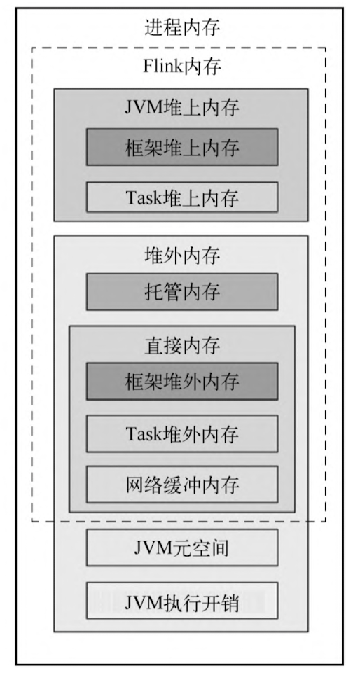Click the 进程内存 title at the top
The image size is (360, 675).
coord(182,27)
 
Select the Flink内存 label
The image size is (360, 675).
coord(182,67)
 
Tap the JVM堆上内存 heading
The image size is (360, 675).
coord(182,108)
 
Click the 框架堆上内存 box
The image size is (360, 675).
coord(182,147)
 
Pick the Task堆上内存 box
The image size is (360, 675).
coord(182,197)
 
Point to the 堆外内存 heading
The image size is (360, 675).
coord(182,256)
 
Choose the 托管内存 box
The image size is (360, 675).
coord(182,292)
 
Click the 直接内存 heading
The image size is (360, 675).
coord(182,346)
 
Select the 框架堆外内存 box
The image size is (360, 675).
coord(182,382)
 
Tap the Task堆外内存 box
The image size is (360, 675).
coord(182,433)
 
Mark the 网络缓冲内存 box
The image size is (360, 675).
coord(182,485)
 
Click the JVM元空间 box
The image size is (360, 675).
coord(182,548)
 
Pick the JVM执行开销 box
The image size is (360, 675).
coord(182,601)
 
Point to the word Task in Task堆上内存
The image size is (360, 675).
coord(143,198)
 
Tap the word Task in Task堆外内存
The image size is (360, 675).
coord(143,433)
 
